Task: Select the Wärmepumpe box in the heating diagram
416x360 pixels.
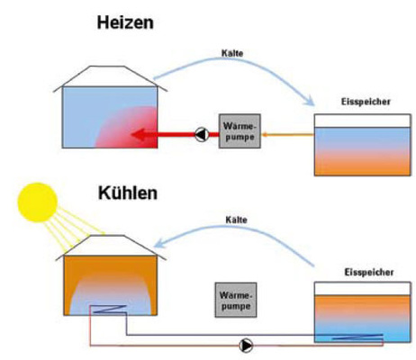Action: (239, 131)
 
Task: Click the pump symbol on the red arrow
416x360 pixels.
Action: (198, 136)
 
